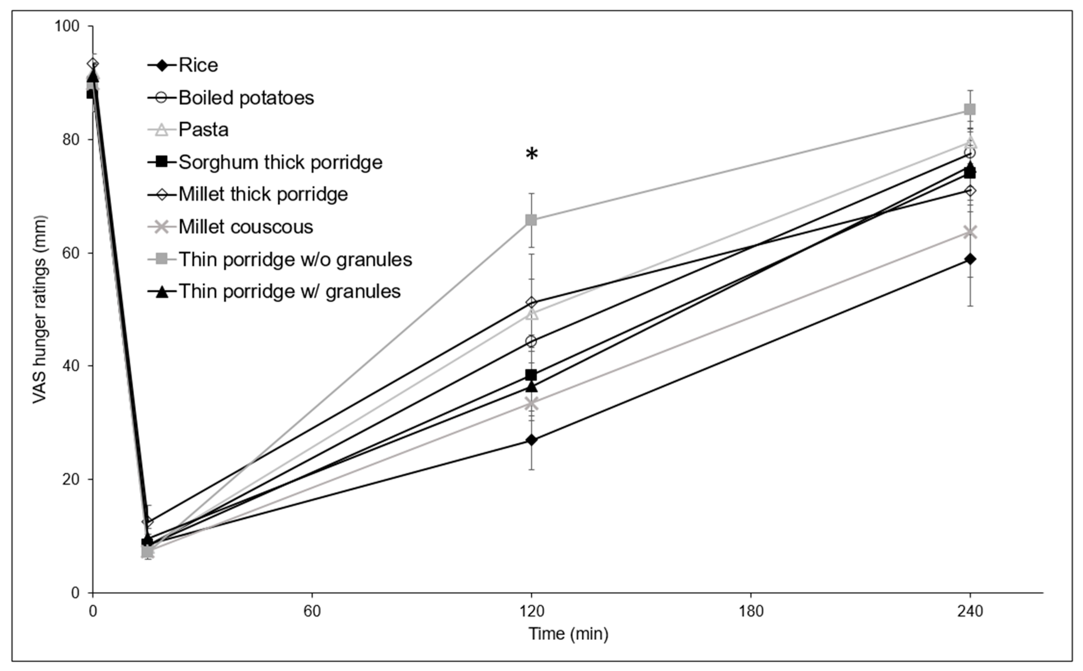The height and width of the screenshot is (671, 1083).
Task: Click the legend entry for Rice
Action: tap(198, 66)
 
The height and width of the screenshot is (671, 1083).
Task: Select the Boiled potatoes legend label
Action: tap(246, 98)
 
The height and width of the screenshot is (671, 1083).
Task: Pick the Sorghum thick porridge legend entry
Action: tap(280, 162)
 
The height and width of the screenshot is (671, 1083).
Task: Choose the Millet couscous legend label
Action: tap(245, 227)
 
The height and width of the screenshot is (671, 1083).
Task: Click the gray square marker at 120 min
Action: tap(531, 220)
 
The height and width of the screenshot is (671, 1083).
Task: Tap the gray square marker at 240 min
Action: tap(970, 109)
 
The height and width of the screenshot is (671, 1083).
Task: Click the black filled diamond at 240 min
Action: tap(970, 259)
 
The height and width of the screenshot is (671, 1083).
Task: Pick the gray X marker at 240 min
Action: tap(970, 232)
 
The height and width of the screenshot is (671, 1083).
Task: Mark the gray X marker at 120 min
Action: tap(531, 404)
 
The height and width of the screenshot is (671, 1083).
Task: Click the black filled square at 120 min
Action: tap(531, 375)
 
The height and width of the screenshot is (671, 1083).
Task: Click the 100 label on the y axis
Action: tap(67, 26)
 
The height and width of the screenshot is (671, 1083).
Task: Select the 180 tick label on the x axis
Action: tap(751, 612)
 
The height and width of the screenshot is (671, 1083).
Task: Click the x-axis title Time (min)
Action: tap(568, 634)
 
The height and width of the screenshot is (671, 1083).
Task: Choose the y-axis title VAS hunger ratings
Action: tap(40, 309)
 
